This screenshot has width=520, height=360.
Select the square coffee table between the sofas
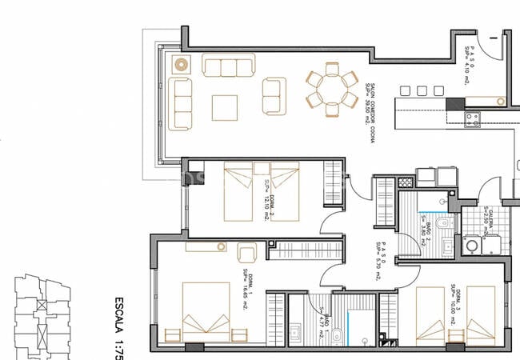[x=224, y=107]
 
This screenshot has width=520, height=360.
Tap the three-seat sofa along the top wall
[x=228, y=66]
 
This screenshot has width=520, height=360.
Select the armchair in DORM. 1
[x=248, y=254]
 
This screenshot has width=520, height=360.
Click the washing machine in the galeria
[x=473, y=246]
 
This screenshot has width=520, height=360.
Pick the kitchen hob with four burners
[x=472, y=120]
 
